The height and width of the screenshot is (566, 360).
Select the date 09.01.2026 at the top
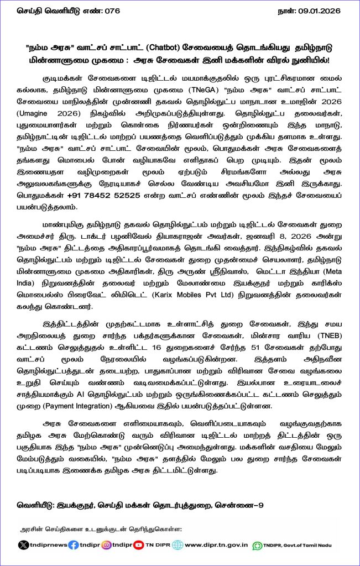point(320,10)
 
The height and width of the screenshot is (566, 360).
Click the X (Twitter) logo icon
point(23,544)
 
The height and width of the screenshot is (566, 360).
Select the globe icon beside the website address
point(178,544)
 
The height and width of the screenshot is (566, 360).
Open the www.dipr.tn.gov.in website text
point(216,544)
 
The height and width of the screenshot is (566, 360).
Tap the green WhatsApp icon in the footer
point(257,545)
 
